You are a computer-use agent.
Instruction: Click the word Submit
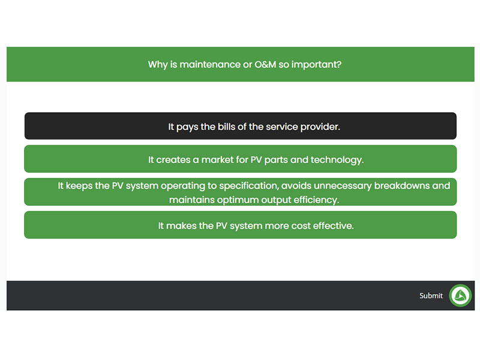pyautogui.click(x=431, y=296)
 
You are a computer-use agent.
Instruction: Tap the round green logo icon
pyautogui.click(x=460, y=295)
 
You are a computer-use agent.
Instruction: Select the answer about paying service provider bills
pyautogui.click(x=241, y=126)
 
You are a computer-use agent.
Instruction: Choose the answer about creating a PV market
pyautogui.click(x=241, y=159)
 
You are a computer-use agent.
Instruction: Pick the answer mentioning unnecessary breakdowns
pyautogui.click(x=241, y=192)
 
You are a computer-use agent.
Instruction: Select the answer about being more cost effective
pyautogui.click(x=241, y=225)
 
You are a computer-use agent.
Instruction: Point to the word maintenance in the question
pyautogui.click(x=210, y=65)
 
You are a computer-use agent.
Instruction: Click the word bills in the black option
pyautogui.click(x=227, y=127)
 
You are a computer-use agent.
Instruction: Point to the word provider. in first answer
pyautogui.click(x=320, y=127)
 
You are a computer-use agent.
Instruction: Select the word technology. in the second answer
pyautogui.click(x=337, y=160)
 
